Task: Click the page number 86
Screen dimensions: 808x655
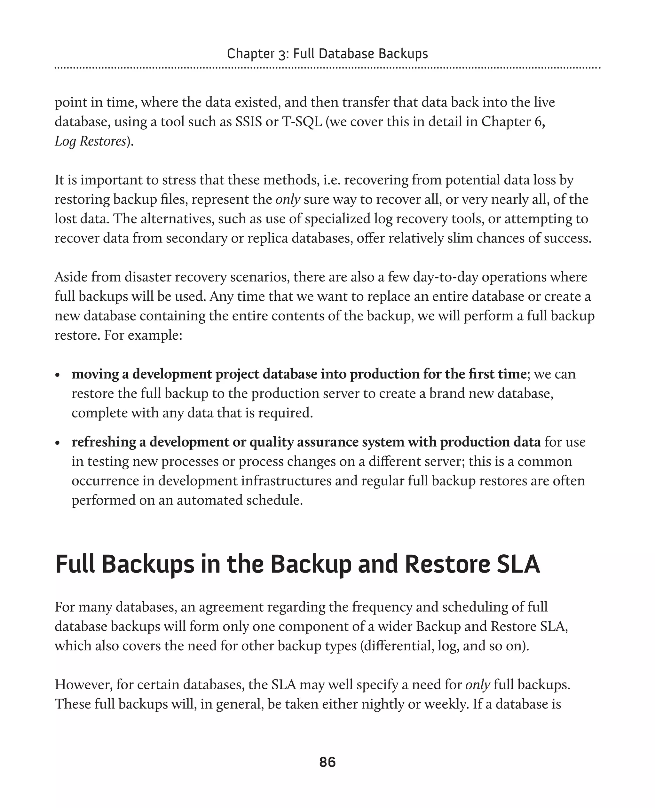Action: (x=327, y=762)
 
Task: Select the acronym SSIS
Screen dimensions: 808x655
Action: (x=249, y=122)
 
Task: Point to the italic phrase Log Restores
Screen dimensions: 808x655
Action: (x=90, y=141)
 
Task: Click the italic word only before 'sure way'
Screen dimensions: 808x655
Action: (x=288, y=199)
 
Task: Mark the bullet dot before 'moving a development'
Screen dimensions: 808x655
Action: (x=58, y=376)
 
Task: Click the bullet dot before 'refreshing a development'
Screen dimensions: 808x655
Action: (x=58, y=443)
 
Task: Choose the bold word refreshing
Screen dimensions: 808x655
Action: (x=104, y=442)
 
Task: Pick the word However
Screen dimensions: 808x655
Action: (x=83, y=685)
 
